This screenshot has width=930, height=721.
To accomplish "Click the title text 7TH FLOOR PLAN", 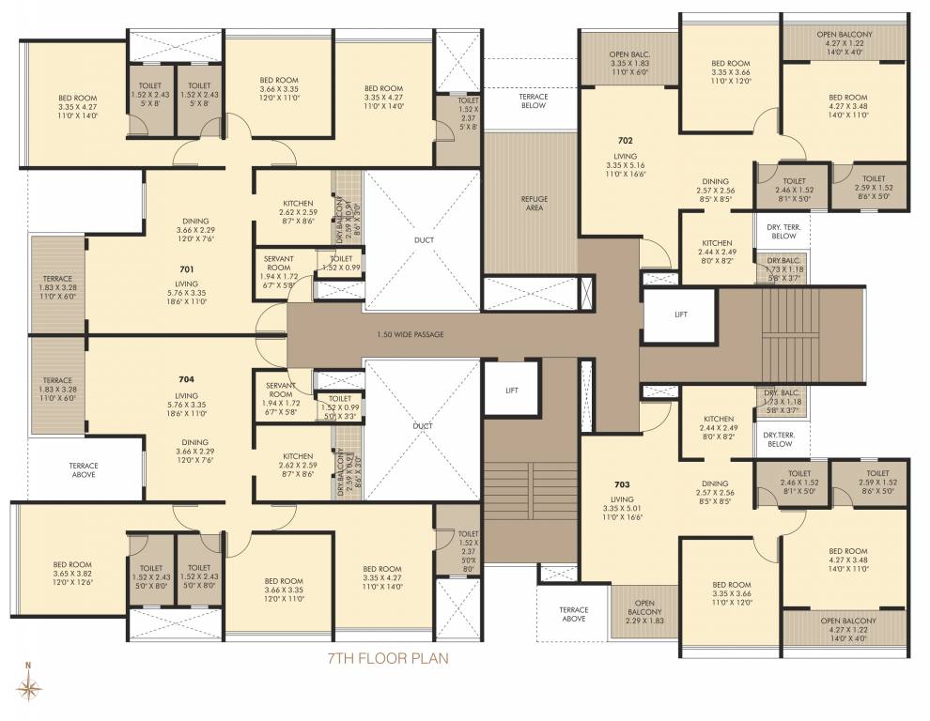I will tap(387, 658).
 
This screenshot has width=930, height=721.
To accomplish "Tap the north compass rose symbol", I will tap(29, 689).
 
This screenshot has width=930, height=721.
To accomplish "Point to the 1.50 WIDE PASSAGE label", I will tap(410, 334).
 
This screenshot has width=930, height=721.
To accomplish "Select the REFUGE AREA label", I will tap(534, 203).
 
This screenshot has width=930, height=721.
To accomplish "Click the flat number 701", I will tap(186, 268).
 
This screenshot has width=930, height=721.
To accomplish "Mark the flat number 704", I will tap(186, 381).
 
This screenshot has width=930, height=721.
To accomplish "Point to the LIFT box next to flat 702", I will tap(680, 316).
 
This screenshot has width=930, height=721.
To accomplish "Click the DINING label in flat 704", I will tap(195, 442).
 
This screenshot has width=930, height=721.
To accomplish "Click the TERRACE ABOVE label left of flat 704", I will tap(84, 469).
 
